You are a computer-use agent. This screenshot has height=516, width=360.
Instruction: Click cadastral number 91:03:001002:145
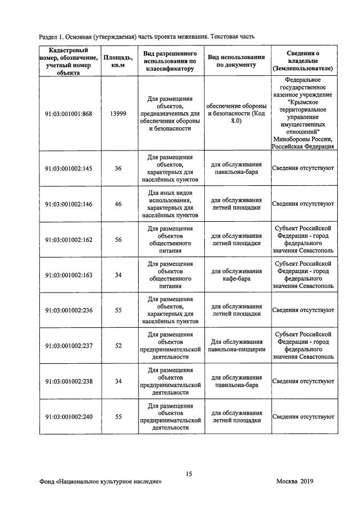click(x=68, y=169)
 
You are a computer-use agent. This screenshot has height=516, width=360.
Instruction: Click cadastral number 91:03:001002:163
click(x=68, y=275)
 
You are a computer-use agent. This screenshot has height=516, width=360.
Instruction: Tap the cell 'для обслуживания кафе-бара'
click(x=236, y=275)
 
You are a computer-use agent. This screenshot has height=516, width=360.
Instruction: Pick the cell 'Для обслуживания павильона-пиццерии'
click(x=236, y=346)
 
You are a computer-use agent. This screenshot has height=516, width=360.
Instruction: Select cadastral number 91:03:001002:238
click(x=68, y=381)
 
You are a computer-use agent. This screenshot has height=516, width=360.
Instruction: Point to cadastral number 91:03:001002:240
click(x=68, y=417)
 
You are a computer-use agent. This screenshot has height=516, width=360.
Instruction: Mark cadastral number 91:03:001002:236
click(x=68, y=311)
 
